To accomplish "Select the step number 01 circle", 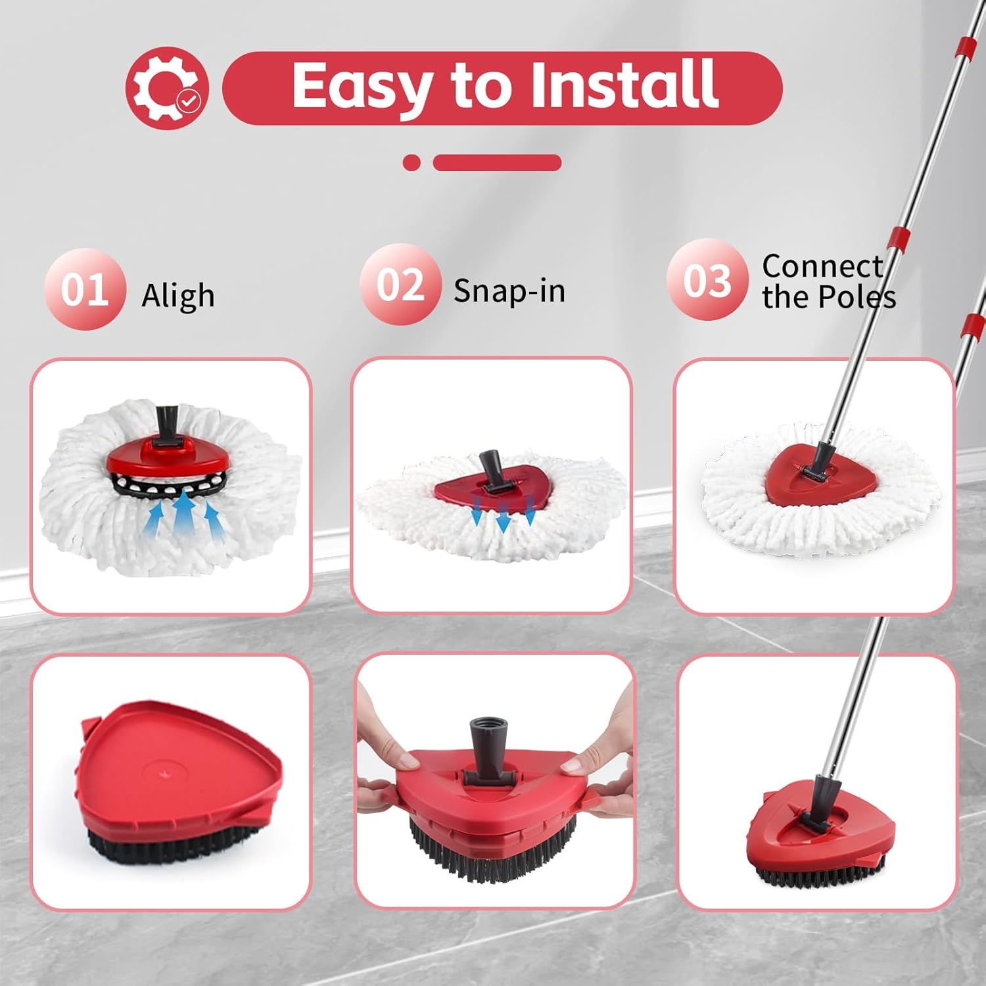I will [85, 289].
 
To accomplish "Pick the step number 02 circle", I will [400, 285].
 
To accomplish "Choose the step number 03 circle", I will [707, 280].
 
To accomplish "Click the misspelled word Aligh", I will [178, 295].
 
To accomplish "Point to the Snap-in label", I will [509, 291].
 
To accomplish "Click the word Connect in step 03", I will [822, 266].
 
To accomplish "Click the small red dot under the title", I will [411, 162].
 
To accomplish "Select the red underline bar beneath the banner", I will [497, 162].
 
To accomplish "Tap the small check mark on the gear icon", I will [189, 101].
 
